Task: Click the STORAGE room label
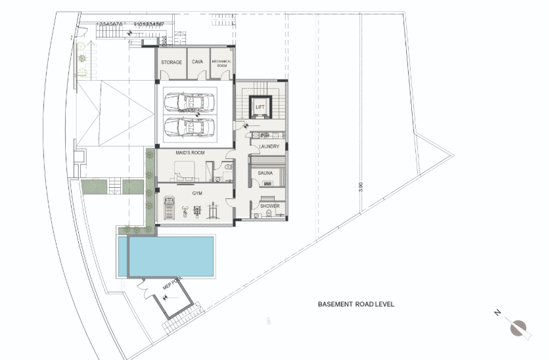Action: pos(171,62)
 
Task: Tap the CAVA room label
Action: pos(197,62)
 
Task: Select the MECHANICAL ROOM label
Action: pos(221,63)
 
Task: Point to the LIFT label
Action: pos(260,106)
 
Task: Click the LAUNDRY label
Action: pos(270,146)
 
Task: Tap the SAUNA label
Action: pos(265,173)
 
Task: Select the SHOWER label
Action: pos(270,206)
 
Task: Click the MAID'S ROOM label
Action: pos(190,153)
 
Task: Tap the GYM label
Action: pos(197,194)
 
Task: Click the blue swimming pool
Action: pos(173,257)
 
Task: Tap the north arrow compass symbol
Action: pos(519,326)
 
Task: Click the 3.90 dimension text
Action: pos(361,187)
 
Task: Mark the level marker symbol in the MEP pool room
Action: pos(166,297)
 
